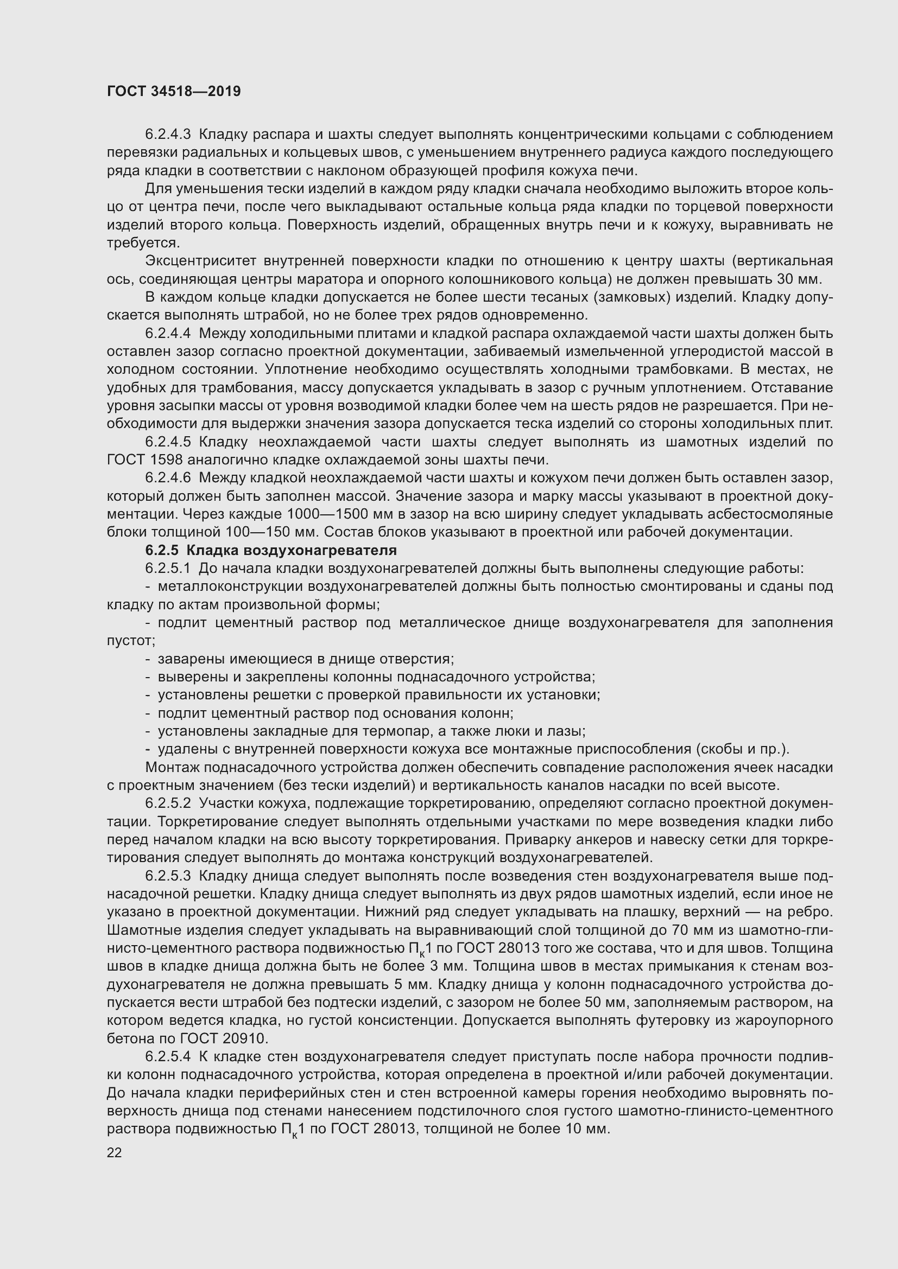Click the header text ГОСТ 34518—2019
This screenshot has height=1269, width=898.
pyautogui.click(x=174, y=92)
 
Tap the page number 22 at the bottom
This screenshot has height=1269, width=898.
pyautogui.click(x=114, y=1152)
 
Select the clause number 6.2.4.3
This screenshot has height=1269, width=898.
pyautogui.click(x=168, y=135)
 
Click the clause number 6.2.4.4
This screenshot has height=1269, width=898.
pyautogui.click(x=168, y=333)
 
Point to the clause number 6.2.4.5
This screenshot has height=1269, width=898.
pyautogui.click(x=168, y=442)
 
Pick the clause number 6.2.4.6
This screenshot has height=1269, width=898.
pyautogui.click(x=168, y=477)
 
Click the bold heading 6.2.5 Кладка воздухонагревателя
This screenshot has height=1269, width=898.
pyautogui.click(x=271, y=550)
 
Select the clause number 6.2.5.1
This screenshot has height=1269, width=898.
pyautogui.click(x=168, y=568)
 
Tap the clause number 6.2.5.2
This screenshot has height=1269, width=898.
pyautogui.click(x=168, y=803)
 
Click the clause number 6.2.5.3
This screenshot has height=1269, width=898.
pyautogui.click(x=168, y=876)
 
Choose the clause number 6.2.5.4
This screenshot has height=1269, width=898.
pyautogui.click(x=168, y=1056)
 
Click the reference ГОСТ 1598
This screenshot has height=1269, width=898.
pyautogui.click(x=145, y=460)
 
